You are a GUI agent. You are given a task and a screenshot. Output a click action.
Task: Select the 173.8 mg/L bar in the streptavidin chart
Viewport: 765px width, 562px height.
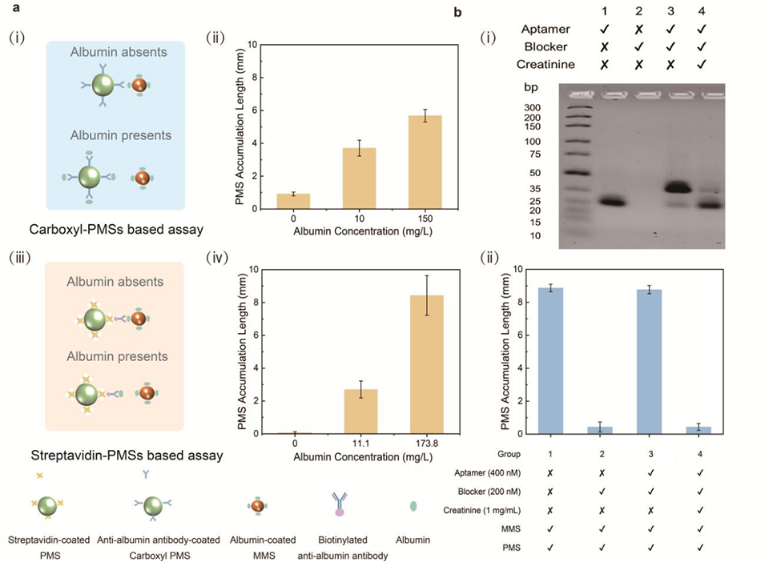coord(426,364)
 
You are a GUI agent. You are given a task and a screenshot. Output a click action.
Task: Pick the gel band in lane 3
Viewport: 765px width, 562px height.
coord(678,188)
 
